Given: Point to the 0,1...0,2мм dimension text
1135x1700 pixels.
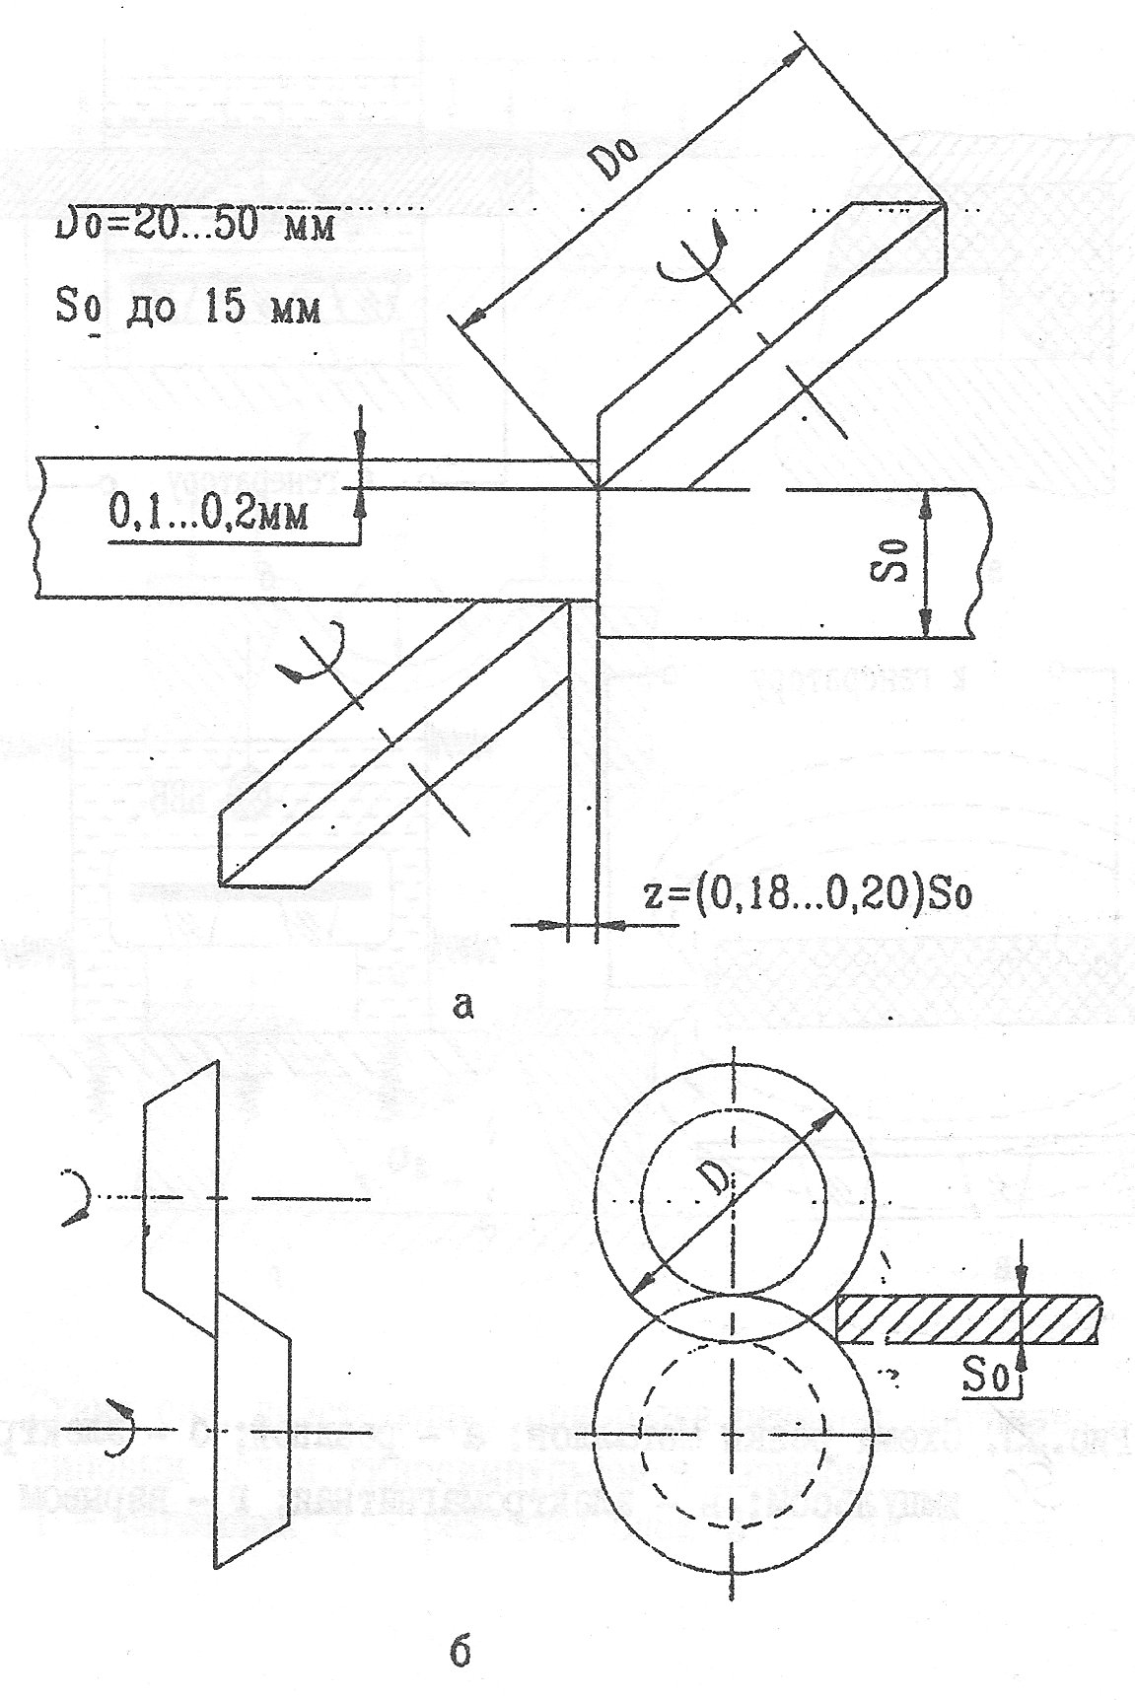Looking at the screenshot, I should pos(207,514).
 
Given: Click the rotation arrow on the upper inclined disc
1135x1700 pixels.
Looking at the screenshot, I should pos(694,258).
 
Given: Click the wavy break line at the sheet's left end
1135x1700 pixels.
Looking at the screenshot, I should pos(36,528).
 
